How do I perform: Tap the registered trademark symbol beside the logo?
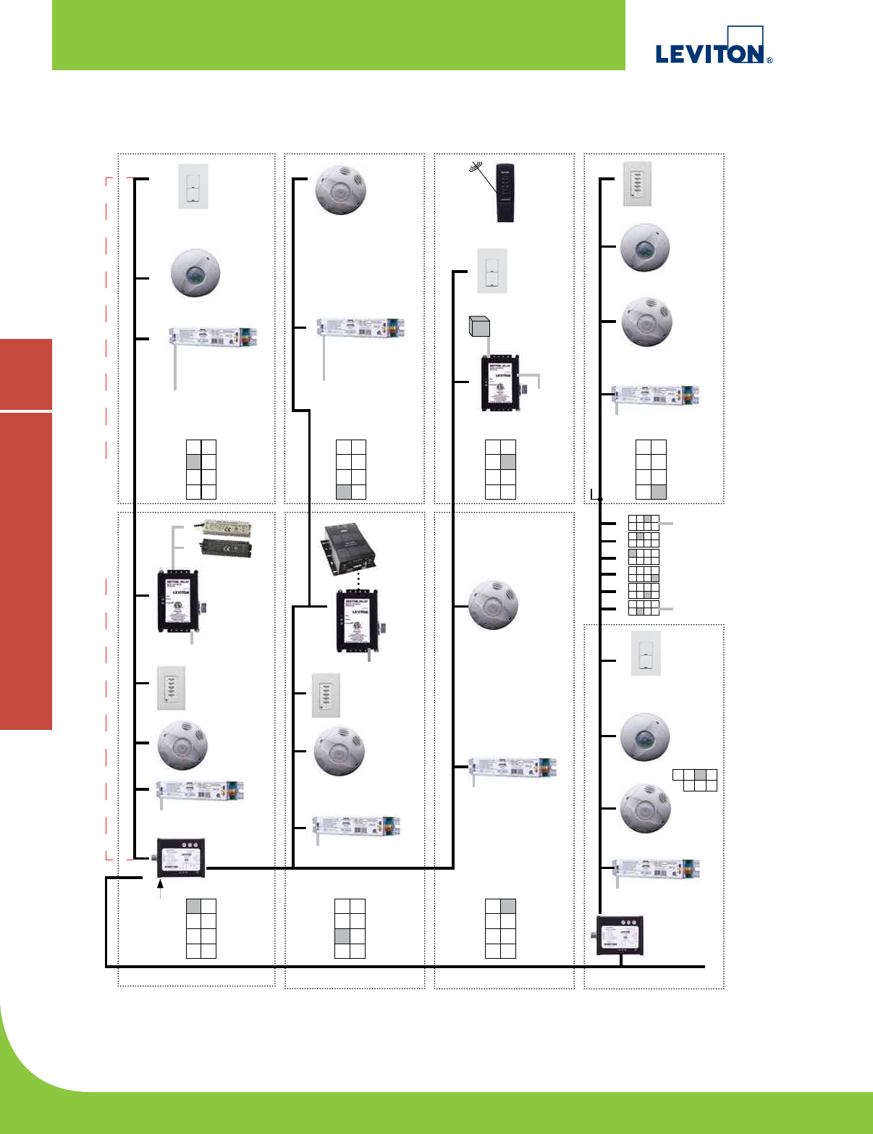click(769, 61)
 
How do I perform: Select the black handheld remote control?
click(505, 193)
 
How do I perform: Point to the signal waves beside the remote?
click(478, 168)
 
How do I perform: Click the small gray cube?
click(479, 327)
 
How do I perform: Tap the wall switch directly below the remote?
click(492, 271)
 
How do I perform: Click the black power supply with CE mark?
click(226, 547)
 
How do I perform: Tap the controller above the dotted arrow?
click(181, 857)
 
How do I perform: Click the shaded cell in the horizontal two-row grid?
click(700, 774)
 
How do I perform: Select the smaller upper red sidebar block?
click(26, 374)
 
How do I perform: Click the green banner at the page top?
click(338, 35)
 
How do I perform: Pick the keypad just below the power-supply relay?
click(171, 688)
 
